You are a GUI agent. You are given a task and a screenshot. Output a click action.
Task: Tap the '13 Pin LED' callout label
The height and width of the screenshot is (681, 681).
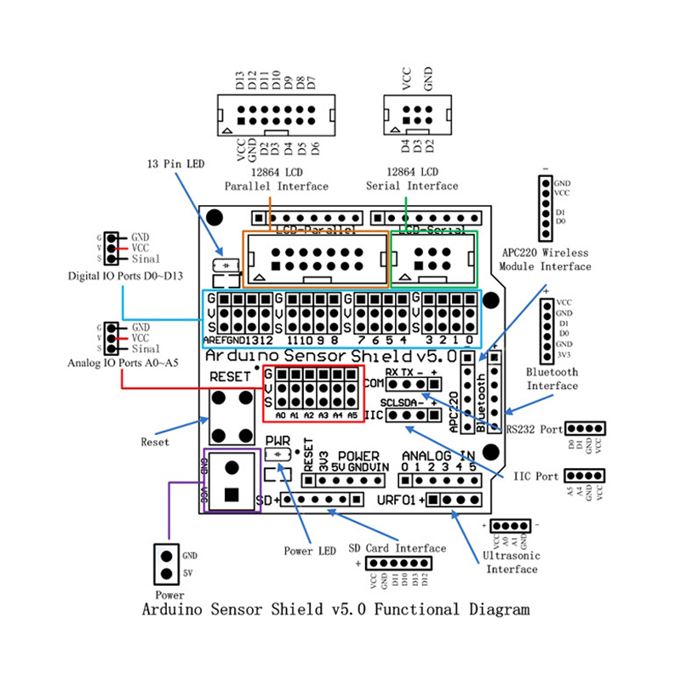pyautogui.click(x=175, y=163)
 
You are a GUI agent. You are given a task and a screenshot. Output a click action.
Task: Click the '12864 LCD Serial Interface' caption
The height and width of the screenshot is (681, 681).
pyautogui.click(x=412, y=178)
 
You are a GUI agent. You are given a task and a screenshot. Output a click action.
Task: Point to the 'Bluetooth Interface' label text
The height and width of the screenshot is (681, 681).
pyautogui.click(x=552, y=379)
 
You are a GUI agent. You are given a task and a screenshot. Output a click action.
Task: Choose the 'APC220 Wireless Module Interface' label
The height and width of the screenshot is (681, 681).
pyautogui.click(x=545, y=260)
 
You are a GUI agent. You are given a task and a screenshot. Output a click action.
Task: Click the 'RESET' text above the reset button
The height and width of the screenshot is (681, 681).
pyautogui.click(x=231, y=376)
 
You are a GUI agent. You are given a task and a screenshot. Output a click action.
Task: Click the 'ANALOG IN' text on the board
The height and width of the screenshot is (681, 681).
pyautogui.click(x=438, y=455)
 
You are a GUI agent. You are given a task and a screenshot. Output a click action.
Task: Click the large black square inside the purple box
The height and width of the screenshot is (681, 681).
pyautogui.click(x=232, y=494)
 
